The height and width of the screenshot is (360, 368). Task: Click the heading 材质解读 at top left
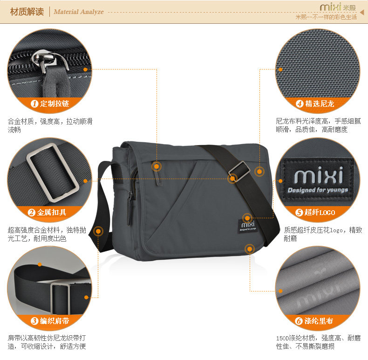(27, 12)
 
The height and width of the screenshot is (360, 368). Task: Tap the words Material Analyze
(78, 12)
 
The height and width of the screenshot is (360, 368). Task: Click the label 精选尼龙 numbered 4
(319, 104)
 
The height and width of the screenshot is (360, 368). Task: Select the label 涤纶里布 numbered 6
(319, 321)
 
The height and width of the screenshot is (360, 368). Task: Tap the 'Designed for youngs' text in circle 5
(318, 190)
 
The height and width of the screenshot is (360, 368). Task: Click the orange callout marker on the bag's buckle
(232, 178)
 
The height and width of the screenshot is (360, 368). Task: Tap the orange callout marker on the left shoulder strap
(98, 230)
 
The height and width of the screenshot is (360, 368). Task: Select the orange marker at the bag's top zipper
(157, 166)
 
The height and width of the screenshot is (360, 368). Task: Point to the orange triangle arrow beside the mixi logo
(361, 8)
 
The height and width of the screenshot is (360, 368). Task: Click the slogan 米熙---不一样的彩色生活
(326, 17)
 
